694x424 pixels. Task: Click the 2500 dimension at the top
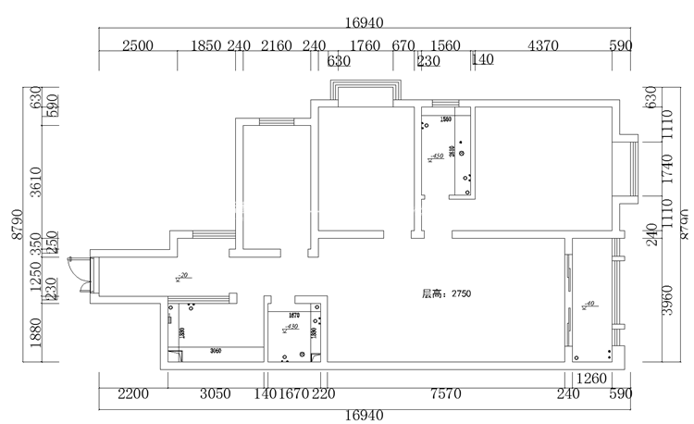[x=137, y=45]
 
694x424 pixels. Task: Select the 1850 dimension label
[x=205, y=45]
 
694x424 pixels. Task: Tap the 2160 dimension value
[x=276, y=45]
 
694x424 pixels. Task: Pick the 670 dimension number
[x=403, y=45]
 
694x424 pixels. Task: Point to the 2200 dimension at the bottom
[x=133, y=393]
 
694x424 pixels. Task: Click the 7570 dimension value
[x=445, y=393]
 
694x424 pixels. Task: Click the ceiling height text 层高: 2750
[x=447, y=293]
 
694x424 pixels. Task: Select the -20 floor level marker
[x=183, y=276]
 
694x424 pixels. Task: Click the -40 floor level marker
[x=589, y=303]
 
